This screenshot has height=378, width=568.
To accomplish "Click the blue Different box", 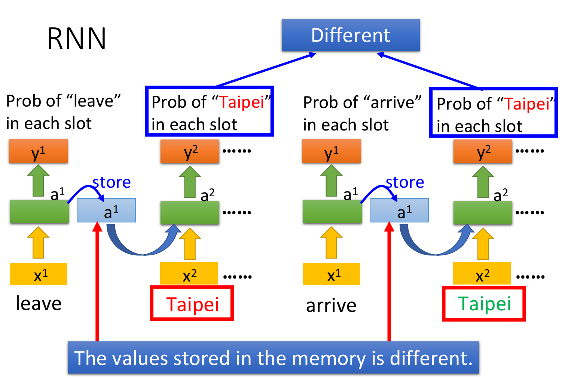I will point(351,35).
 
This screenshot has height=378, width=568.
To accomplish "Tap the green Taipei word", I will point(484,304).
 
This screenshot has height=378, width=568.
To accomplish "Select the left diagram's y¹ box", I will point(38,151).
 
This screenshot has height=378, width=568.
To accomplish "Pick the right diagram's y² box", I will point(483,151).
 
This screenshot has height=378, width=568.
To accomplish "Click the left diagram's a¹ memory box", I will point(106,210).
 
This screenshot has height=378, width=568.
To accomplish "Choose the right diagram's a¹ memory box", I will point(399,210).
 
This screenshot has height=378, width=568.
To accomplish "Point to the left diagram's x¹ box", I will point(39,274).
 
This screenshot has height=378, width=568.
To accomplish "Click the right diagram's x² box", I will point(482,274).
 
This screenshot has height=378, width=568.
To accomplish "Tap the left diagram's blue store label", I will point(112,182).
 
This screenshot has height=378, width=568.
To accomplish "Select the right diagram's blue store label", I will point(405,182).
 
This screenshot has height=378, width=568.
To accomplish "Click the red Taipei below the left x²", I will point(192,304).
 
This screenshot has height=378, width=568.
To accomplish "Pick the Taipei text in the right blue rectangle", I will point(526,104).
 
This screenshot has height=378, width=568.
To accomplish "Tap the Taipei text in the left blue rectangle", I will point(241,102).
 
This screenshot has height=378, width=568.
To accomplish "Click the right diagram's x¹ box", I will point(332,274).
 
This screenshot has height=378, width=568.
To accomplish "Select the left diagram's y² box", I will point(190,151).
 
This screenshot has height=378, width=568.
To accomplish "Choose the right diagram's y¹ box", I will point(332,151).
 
